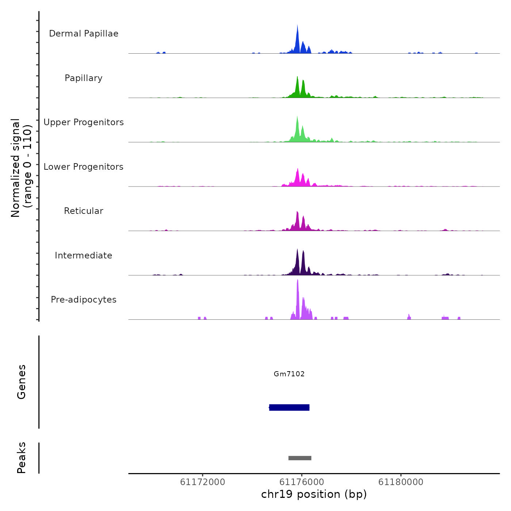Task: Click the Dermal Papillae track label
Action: pyautogui.click(x=84, y=34)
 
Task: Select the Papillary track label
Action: pyautogui.click(x=84, y=78)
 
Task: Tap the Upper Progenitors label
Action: pyautogui.click(x=84, y=122)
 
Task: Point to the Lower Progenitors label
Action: pyautogui.click(x=84, y=167)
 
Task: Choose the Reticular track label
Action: pyautogui.click(x=84, y=211)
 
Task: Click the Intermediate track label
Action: pyautogui.click(x=84, y=255)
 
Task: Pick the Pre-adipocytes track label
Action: pyautogui.click(x=84, y=300)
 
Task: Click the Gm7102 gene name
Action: pyautogui.click(x=289, y=374)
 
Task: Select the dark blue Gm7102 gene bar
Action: pyautogui.click(x=289, y=407)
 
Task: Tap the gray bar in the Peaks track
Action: pyautogui.click(x=300, y=458)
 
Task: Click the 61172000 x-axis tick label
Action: pyautogui.click(x=203, y=482)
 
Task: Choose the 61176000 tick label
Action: pyautogui.click(x=302, y=482)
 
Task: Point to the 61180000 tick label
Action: pyautogui.click(x=401, y=482)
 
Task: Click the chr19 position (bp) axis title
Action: pyautogui.click(x=314, y=494)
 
